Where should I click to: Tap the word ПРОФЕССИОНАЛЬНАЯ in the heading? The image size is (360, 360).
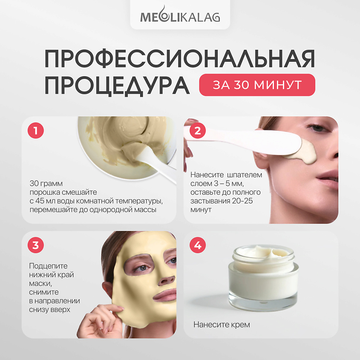(x=179, y=58)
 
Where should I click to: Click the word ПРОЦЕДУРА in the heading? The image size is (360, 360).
(x=117, y=85)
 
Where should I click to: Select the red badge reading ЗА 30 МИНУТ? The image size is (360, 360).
(x=257, y=85)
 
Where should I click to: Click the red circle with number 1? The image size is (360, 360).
(x=36, y=130)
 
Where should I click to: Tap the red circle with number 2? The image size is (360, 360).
(x=198, y=130)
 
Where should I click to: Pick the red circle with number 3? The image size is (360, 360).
(x=36, y=245)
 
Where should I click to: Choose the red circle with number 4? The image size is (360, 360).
(x=198, y=245)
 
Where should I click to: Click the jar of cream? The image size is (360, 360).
(x=264, y=277)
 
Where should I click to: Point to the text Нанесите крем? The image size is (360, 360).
(x=222, y=324)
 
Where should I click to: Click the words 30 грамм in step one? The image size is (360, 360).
(x=46, y=184)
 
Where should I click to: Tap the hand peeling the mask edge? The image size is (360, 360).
(x=101, y=321)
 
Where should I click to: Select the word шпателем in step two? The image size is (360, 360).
(x=245, y=175)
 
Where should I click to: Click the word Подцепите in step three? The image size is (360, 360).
(x=48, y=266)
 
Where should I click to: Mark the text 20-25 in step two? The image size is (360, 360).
(x=242, y=201)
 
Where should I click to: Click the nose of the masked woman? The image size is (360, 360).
(x=167, y=279)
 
